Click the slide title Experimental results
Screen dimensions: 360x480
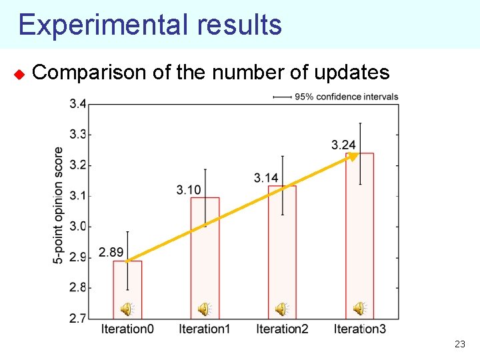[150, 25]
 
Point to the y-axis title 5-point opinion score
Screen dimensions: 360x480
[59, 205]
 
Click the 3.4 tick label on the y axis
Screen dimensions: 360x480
[77, 104]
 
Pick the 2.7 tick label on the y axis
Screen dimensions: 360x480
[77, 318]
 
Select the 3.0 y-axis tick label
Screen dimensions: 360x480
[77, 227]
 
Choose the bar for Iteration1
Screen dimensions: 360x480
[205, 267]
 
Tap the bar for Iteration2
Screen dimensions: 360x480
[282, 260]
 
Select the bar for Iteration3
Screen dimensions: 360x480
[359, 247]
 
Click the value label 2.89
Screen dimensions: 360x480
[111, 252]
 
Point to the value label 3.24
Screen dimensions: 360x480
[343, 145]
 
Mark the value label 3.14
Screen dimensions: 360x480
[266, 177]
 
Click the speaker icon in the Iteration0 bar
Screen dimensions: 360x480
[126, 309]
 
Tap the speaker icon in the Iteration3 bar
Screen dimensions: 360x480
[359, 308]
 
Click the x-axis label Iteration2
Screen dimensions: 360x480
[282, 329]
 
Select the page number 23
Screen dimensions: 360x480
[459, 345]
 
